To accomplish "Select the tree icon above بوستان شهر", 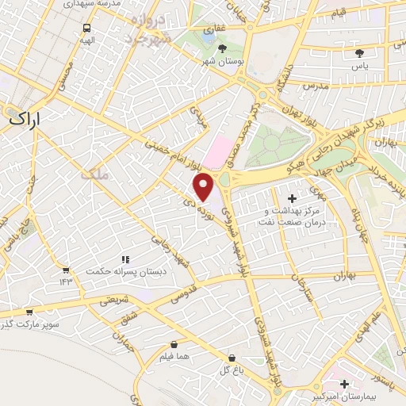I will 221,49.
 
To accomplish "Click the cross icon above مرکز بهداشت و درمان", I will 292,197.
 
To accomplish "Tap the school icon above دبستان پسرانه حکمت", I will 124,259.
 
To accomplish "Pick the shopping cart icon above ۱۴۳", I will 66,271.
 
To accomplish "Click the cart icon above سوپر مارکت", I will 29,312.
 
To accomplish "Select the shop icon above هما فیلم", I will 174,345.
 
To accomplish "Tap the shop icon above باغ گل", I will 232,358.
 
